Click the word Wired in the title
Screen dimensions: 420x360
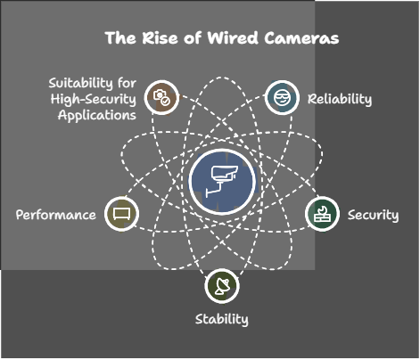click(233, 38)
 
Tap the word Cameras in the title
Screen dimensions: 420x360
click(301, 38)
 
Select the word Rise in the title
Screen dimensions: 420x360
click(161, 38)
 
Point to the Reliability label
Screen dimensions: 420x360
click(340, 99)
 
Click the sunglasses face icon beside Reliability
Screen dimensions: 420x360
click(282, 97)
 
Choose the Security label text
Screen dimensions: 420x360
click(374, 215)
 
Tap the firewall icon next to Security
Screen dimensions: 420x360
click(322, 214)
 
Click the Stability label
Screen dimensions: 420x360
click(222, 319)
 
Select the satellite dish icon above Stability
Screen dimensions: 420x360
click(222, 286)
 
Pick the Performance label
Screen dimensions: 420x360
click(56, 215)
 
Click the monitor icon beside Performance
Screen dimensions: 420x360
click(122, 214)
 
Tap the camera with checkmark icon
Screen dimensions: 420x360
click(161, 97)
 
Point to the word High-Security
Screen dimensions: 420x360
click(94, 99)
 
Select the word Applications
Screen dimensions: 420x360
click(97, 115)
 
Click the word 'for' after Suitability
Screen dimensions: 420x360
click(128, 83)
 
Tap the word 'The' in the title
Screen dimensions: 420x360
click(120, 38)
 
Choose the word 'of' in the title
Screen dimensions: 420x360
click(193, 38)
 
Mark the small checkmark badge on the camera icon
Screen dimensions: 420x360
click(166, 102)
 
